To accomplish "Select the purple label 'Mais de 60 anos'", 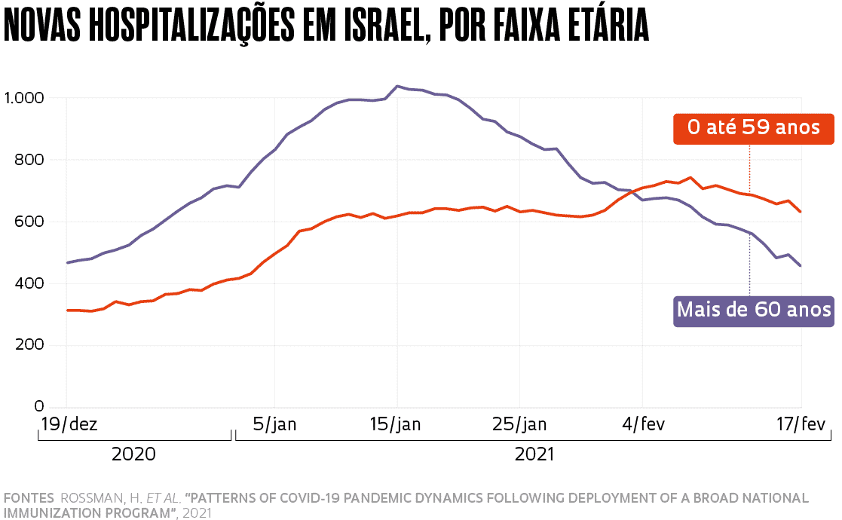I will click(753, 310).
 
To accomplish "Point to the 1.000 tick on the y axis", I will click(24, 98).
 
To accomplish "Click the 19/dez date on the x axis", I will click(68, 424).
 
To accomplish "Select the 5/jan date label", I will click(274, 424).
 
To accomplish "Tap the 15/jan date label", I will click(396, 424).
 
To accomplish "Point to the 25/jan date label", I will click(519, 424).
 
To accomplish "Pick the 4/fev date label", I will click(642, 424).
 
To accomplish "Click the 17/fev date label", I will click(801, 424).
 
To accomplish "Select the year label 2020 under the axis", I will click(133, 454).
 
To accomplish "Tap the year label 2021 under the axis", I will click(534, 454).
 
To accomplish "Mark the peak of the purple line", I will click(397, 87).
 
